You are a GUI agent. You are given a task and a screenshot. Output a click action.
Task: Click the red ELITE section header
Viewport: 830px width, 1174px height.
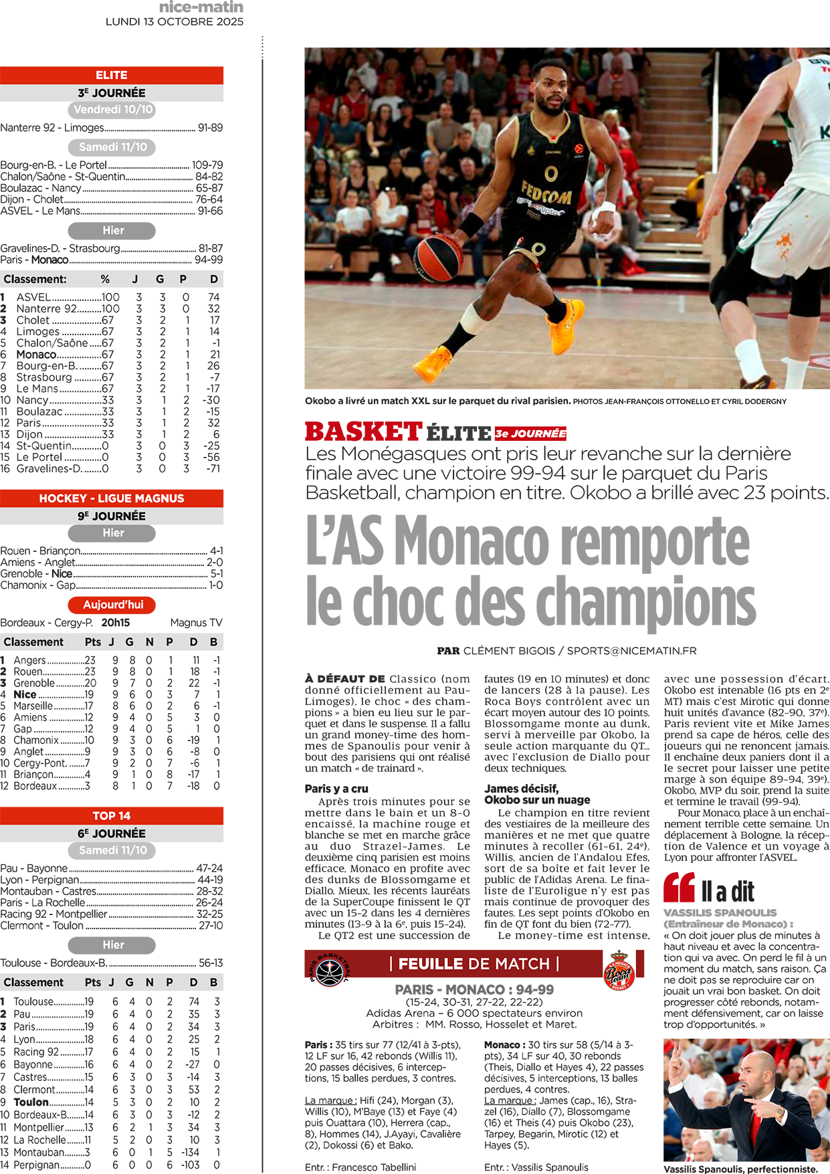pos(111,75)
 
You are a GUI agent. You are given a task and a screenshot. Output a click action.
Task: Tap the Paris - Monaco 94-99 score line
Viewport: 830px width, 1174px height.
pos(112,260)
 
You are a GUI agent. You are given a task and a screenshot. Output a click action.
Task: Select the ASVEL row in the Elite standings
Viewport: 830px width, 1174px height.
pos(111,297)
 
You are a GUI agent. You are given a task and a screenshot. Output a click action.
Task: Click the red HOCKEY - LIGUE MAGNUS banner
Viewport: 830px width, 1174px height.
pos(111,498)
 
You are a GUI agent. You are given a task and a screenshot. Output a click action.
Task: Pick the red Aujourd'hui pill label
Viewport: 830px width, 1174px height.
pos(112,605)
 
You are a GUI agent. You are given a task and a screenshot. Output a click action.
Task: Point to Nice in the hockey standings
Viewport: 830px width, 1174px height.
pos(25,694)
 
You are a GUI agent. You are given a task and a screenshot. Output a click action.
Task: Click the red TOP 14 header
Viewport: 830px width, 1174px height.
pos(111,815)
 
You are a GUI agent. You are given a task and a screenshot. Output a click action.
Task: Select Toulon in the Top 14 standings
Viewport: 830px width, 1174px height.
pos(31,1102)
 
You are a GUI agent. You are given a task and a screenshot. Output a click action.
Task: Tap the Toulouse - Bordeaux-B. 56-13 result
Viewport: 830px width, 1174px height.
pos(112,963)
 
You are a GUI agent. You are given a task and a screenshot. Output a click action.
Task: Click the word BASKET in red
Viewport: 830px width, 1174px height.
pos(363,432)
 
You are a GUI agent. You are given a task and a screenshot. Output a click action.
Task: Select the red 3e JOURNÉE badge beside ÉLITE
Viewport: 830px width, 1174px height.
pos(530,433)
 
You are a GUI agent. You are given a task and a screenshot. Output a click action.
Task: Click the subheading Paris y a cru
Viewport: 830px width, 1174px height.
pos(336,789)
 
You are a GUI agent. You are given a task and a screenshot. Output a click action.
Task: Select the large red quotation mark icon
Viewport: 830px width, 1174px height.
pos(679,888)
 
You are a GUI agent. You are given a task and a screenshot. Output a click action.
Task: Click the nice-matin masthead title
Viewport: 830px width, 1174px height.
pos(201,7)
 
